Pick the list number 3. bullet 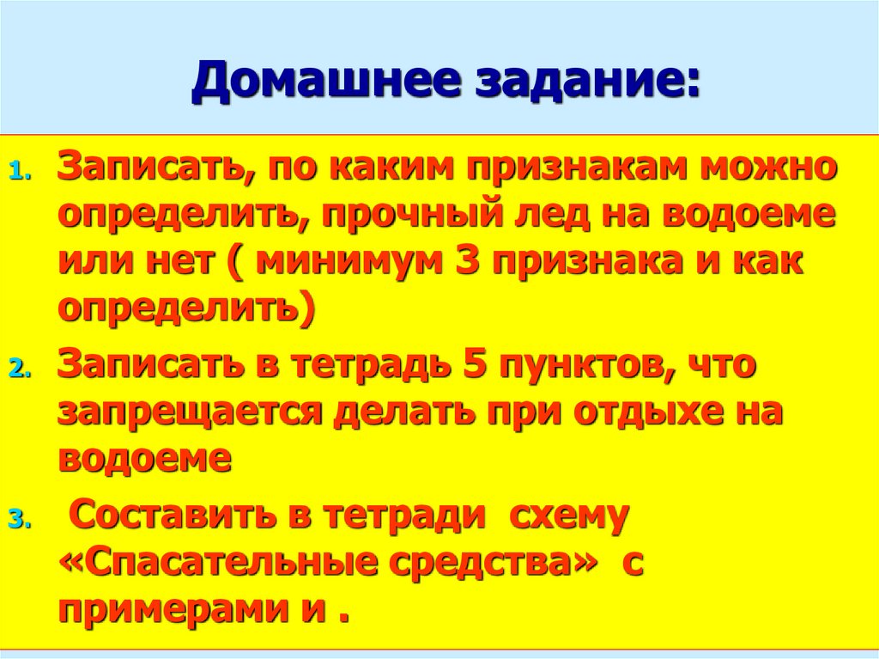pyautogui.click(x=21, y=521)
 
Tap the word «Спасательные pyautogui.click(x=217, y=563)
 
